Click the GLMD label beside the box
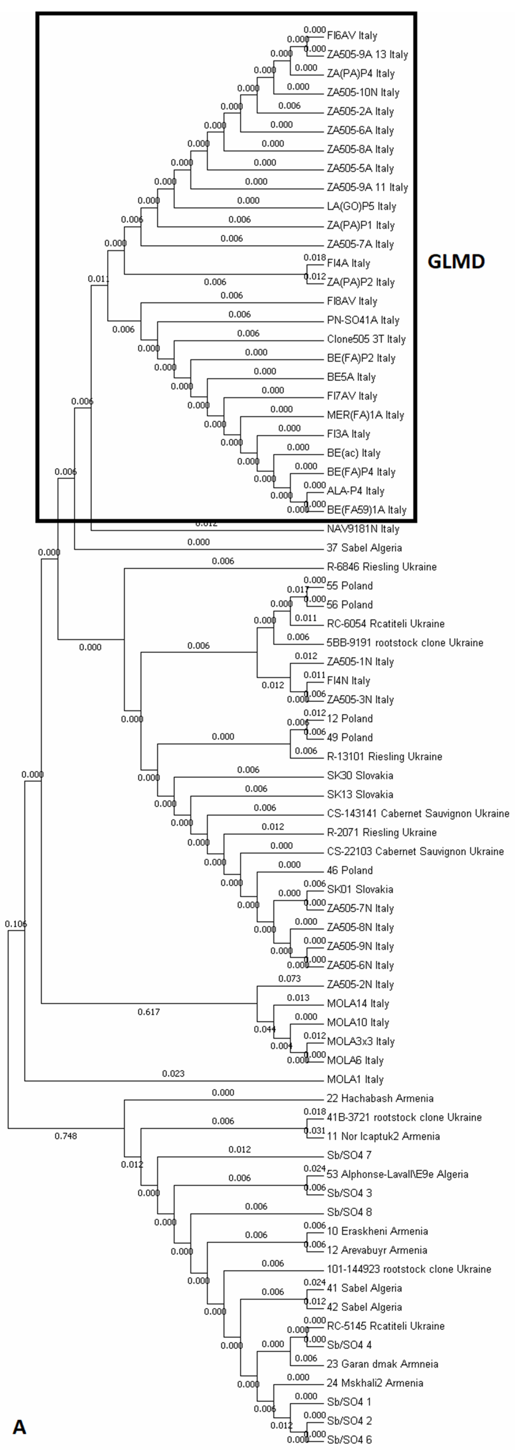456,262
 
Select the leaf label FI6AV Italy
352,36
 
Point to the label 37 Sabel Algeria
364,548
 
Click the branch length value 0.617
148,1012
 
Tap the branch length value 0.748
66,1136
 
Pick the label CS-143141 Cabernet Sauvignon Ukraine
418,813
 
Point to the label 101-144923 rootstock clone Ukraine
409,1269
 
